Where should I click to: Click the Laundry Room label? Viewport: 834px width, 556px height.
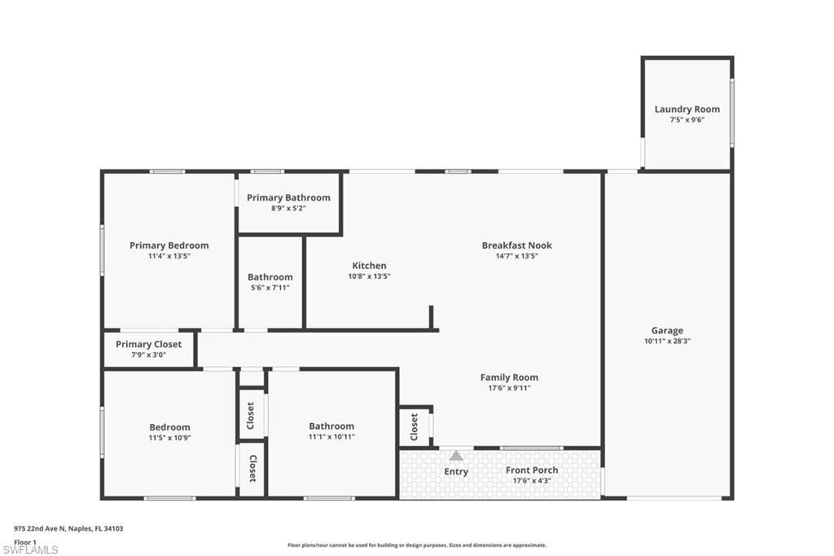click(687, 109)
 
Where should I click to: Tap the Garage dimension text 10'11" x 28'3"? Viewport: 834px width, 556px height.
click(667, 341)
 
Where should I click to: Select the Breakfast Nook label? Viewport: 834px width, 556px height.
click(516, 245)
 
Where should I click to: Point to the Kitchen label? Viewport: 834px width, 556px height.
click(369, 266)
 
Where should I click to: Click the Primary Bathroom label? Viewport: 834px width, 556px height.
click(288, 197)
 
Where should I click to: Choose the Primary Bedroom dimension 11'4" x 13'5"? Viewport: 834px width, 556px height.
click(169, 256)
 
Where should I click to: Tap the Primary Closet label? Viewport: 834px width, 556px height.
click(148, 344)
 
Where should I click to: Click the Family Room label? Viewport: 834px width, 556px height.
click(509, 377)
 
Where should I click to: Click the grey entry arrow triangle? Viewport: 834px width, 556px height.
click(456, 456)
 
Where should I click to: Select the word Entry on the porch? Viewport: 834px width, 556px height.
click(456, 472)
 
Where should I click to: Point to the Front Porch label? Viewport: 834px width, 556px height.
click(531, 470)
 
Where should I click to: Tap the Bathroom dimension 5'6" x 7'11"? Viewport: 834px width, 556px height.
click(270, 288)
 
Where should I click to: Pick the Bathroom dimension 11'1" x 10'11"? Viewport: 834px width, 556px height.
click(331, 436)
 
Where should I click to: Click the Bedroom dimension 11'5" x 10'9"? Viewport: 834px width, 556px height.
click(169, 437)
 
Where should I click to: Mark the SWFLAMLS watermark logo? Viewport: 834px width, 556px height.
click(30, 549)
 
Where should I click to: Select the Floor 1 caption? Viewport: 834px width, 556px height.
click(25, 541)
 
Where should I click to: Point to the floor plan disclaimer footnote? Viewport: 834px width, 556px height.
click(416, 545)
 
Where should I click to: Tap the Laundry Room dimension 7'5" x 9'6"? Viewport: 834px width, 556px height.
click(687, 120)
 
